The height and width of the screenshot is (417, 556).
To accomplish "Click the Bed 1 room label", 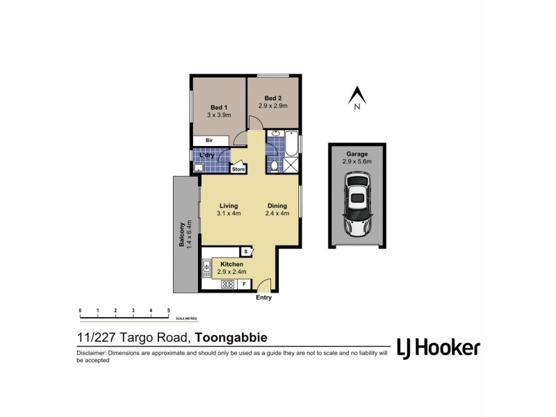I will pyautogui.click(x=219, y=107).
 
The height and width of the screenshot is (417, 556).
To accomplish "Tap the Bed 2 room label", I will pyautogui.click(x=273, y=98).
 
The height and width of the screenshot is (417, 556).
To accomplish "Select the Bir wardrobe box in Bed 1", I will pyautogui.click(x=208, y=140).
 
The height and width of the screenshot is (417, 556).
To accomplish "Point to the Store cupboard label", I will pyautogui.click(x=238, y=169).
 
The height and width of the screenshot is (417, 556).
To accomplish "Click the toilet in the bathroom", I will pyautogui.click(x=275, y=165).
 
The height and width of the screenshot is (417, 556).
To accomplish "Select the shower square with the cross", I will pyautogui.click(x=292, y=165).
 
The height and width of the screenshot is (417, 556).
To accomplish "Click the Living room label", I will pyautogui.click(x=229, y=206).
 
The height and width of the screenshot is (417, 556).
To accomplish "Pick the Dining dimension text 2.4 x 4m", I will pyautogui.click(x=278, y=214).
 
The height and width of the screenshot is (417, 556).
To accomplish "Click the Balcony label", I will pyautogui.click(x=181, y=234).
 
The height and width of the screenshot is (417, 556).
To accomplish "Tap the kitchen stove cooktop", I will pyautogui.click(x=227, y=284).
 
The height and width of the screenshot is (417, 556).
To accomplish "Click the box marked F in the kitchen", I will pyautogui.click(x=244, y=284).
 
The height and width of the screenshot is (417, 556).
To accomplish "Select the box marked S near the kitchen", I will pyautogui.click(x=245, y=252).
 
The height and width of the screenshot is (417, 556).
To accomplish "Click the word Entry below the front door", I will pyautogui.click(x=263, y=297).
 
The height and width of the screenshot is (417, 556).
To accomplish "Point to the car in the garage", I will pyautogui.click(x=357, y=205).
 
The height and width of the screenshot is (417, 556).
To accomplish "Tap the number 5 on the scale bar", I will pyautogui.click(x=168, y=310).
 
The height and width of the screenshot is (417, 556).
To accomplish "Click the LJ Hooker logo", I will pyautogui.click(x=438, y=347).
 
